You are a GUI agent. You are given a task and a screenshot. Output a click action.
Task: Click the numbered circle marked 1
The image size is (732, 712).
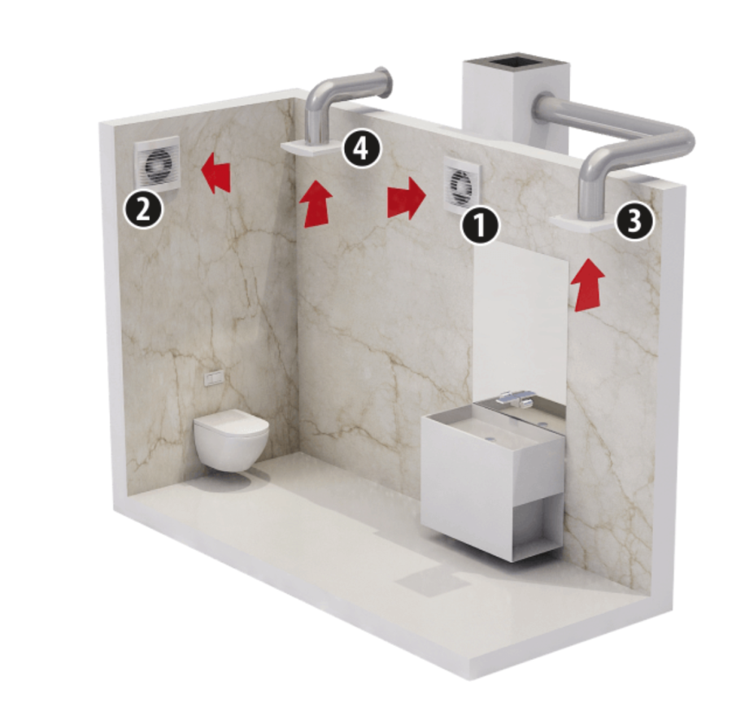480,225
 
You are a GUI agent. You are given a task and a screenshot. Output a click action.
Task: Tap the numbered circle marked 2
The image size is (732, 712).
143,209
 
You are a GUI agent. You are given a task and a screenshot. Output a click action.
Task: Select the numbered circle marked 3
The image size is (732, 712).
634,221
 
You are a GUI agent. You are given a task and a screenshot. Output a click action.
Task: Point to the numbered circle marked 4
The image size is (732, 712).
362,149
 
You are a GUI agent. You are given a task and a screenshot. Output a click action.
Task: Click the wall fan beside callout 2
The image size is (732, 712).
157,164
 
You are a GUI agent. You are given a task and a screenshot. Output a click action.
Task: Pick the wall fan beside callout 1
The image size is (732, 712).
462,185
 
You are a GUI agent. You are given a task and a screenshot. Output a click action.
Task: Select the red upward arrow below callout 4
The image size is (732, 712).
316,204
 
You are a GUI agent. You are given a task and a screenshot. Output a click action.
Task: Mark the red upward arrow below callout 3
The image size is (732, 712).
587,285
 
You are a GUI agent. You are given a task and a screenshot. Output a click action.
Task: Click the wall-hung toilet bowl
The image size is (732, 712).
232,440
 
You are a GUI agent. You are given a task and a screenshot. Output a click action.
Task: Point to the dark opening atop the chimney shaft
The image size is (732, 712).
515,61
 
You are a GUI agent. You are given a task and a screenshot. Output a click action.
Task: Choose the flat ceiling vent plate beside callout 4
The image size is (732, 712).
312,148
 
